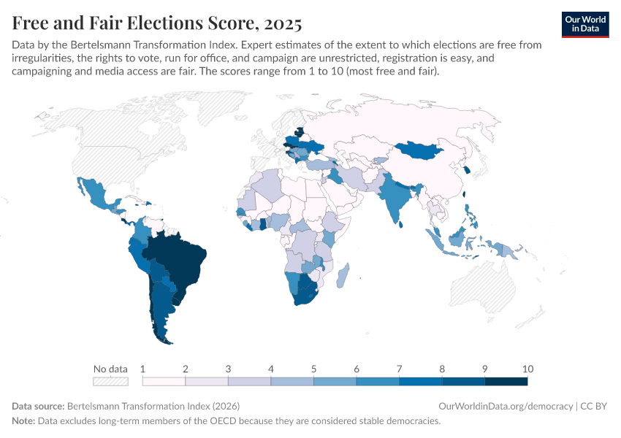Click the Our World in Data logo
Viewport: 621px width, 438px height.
pos(585,24)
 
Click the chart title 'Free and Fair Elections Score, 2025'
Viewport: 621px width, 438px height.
pos(157,23)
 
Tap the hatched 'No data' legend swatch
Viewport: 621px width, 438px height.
pos(110,381)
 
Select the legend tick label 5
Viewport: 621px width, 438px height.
pos(313,368)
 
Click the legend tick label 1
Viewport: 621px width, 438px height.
pos(143,368)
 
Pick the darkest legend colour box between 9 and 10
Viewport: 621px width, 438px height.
pos(506,381)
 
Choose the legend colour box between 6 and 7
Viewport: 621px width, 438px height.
pos(378,381)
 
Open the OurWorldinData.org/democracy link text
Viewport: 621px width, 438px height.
pos(506,406)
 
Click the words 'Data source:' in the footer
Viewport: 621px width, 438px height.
pos(38,406)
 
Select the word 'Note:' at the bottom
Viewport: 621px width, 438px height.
pos(24,421)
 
